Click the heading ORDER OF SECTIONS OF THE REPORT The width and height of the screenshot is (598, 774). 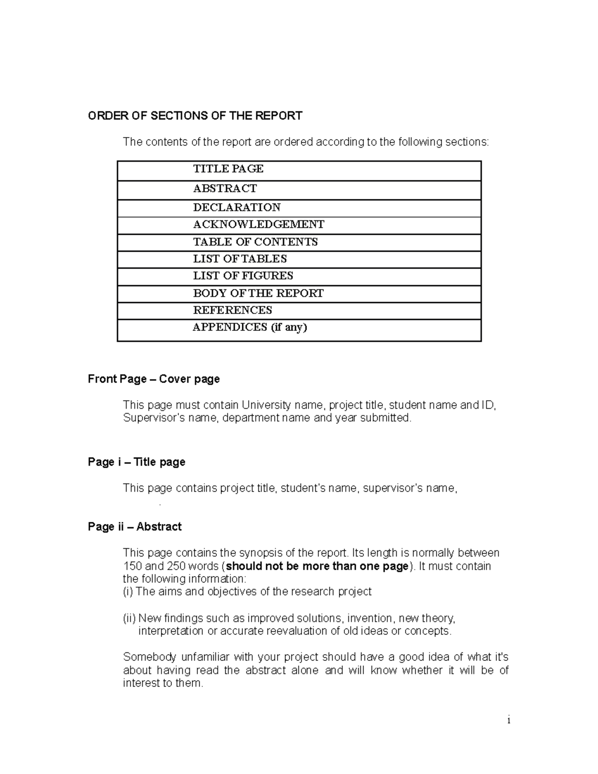pyautogui.click(x=195, y=116)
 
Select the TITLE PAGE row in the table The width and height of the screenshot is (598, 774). pyautogui.click(x=228, y=169)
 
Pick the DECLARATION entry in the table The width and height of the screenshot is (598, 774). pyautogui.click(x=237, y=207)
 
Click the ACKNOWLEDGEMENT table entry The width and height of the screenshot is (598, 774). pyautogui.click(x=259, y=224)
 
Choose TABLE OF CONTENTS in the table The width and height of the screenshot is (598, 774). pyautogui.click(x=255, y=242)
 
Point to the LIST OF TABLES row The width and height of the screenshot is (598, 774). pyautogui.click(x=240, y=259)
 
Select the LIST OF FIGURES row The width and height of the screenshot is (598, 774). pyautogui.click(x=243, y=276)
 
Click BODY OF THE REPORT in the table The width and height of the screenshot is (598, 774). pyautogui.click(x=258, y=293)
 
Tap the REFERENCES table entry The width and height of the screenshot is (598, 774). pyautogui.click(x=232, y=310)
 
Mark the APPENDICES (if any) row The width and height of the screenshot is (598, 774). pyautogui.click(x=250, y=327)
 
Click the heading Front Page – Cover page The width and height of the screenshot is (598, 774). pyautogui.click(x=153, y=379)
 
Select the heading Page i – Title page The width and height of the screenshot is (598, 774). pyautogui.click(x=137, y=462)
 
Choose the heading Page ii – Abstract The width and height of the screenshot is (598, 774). pyautogui.click(x=135, y=527)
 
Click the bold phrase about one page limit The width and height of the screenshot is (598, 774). pyautogui.click(x=317, y=566)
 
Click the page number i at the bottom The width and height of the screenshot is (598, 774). pyautogui.click(x=508, y=720)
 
